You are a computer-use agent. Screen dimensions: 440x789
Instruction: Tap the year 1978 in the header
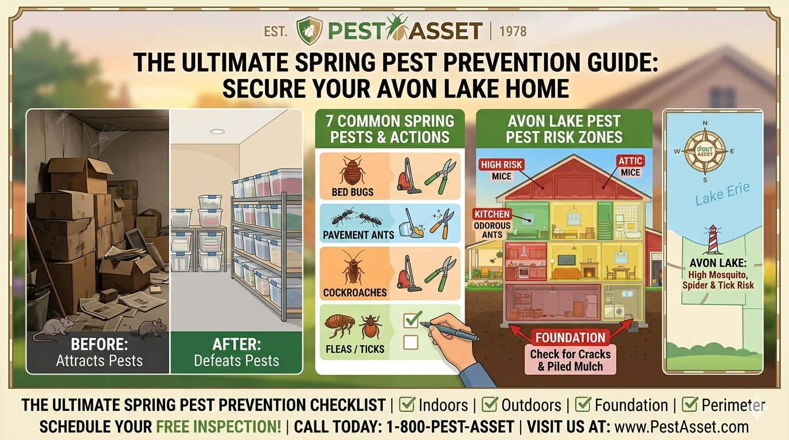513,30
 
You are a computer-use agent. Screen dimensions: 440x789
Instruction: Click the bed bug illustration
351,171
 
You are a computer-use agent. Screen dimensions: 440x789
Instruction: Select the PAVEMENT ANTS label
359,234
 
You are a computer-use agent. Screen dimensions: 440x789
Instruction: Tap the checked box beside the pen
412,320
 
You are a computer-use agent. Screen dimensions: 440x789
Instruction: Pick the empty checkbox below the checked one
411,343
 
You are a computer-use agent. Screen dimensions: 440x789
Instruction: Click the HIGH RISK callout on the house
501,164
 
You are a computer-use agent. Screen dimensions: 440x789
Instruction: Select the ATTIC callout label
630,161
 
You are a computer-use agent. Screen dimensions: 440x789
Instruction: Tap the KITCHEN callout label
492,214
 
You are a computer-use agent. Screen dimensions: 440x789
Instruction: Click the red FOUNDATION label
571,337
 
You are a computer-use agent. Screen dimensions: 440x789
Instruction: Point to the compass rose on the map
704,151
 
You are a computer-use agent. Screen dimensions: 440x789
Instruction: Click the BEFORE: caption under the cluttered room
99,345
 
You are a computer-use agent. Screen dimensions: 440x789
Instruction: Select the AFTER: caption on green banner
236,345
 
